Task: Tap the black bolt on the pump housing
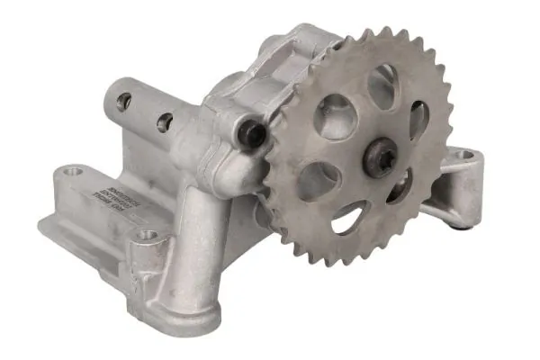click(252, 134)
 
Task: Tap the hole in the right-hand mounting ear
click(464, 156)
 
